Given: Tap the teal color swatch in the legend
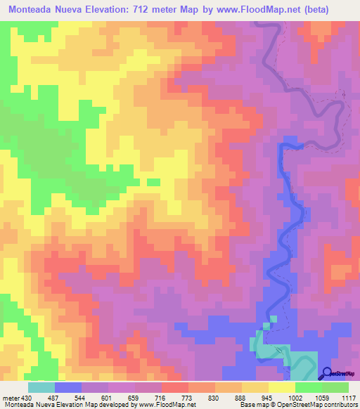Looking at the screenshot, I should (x=41, y=387).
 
